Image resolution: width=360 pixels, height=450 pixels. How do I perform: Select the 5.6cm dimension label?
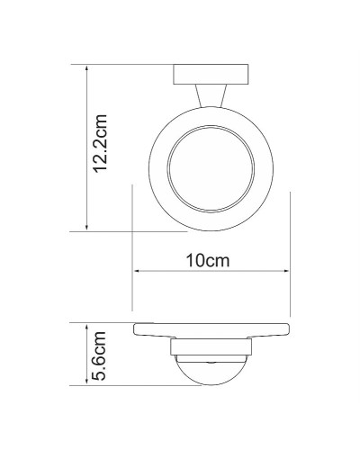coord(101,355)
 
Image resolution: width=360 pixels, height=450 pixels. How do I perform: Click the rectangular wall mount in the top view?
coord(211,73)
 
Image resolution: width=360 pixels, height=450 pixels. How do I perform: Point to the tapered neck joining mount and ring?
coord(211,95)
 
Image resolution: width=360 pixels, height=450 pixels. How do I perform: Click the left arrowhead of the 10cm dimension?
coord(136,272)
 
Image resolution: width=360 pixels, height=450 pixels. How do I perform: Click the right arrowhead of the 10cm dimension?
coord(287,272)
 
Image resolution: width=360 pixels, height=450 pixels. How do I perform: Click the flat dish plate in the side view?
coord(211,331)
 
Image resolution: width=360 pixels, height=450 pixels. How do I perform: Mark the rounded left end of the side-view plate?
coord(137,330)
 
